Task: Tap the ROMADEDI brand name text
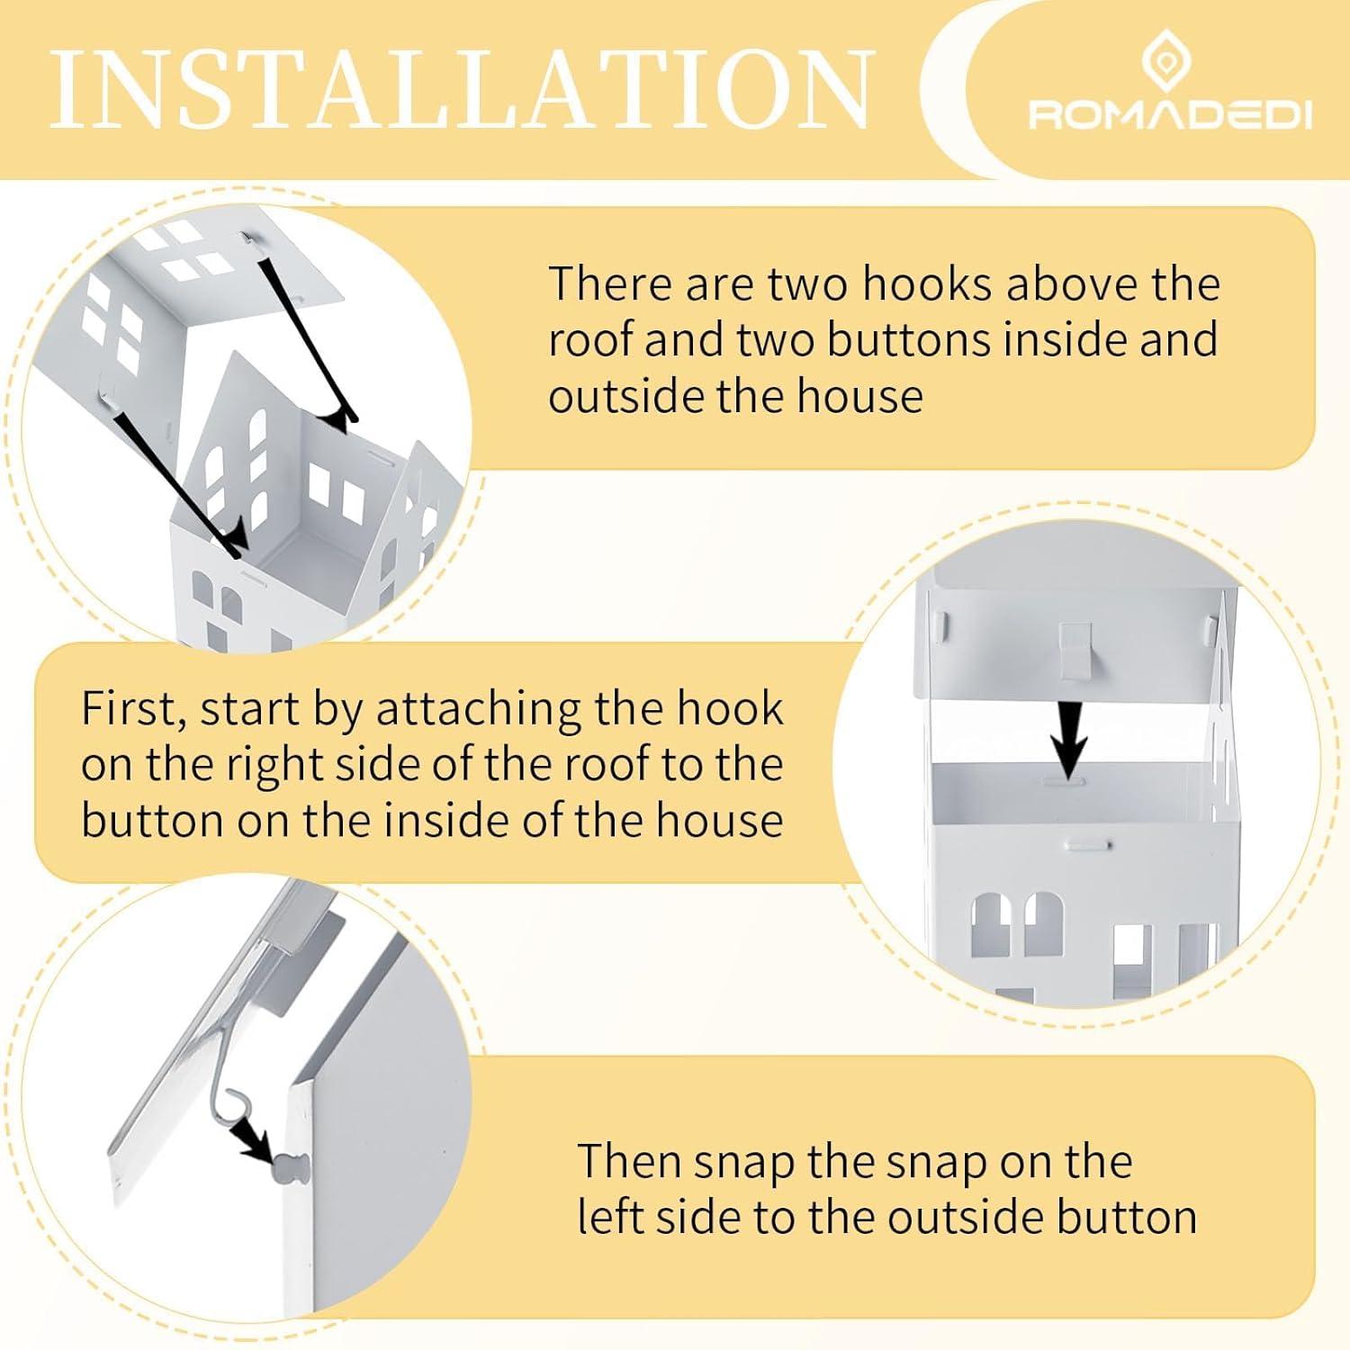click(x=1170, y=115)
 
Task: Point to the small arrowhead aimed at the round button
click(x=255, y=1145)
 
